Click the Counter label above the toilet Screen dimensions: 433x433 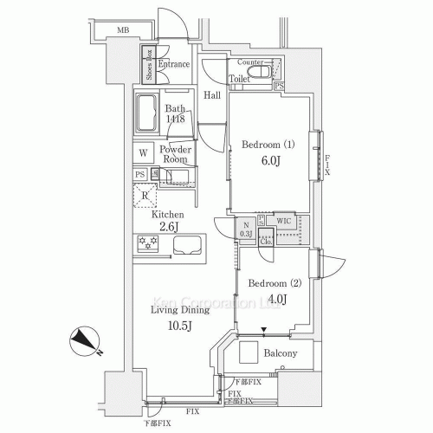point(249,62)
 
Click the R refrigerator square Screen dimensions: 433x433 point(145,195)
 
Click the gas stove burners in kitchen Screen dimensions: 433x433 point(148,243)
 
